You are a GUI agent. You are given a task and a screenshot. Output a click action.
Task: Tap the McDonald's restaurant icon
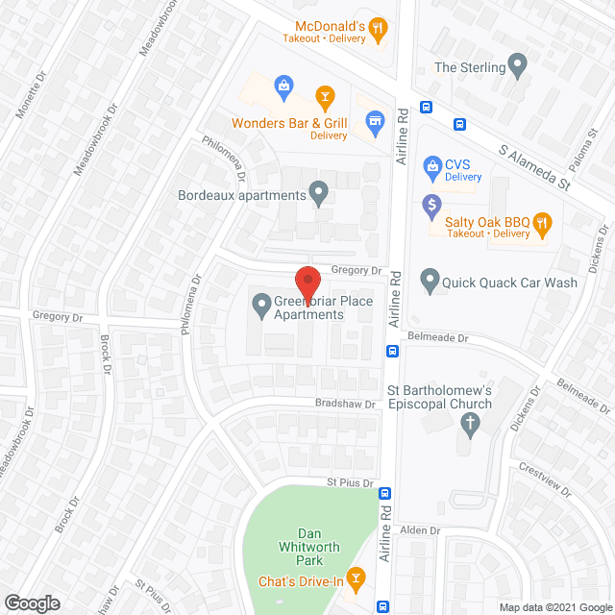tap(379, 29)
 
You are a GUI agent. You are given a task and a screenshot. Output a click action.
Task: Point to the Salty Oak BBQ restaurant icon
tap(541, 224)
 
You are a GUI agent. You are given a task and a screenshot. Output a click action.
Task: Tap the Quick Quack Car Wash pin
tap(430, 282)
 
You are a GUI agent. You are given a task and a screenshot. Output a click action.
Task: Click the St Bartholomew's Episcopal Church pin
tap(469, 424)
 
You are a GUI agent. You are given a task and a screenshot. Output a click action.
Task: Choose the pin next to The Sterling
tap(519, 67)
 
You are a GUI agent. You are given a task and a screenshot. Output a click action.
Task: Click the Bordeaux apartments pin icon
tap(319, 194)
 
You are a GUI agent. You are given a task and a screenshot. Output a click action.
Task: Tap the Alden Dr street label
tap(420, 530)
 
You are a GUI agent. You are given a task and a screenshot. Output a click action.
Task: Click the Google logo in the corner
tap(31, 603)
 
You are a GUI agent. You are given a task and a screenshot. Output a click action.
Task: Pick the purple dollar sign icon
tap(431, 204)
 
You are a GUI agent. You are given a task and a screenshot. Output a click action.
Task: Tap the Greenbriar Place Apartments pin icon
tap(260, 307)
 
